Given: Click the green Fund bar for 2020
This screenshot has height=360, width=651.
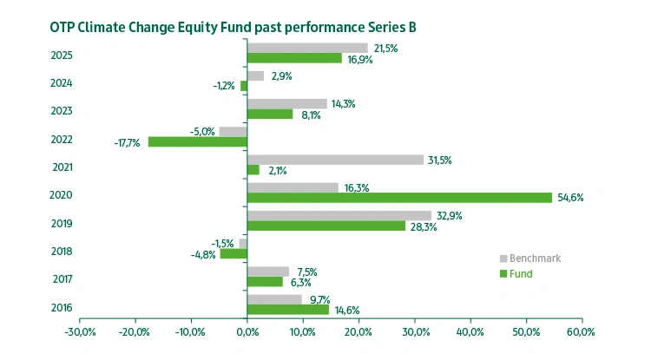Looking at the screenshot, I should click(399, 198).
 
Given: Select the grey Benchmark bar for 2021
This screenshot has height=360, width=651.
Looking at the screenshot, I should click(335, 160).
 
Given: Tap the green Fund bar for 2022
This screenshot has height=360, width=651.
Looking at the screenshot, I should click(198, 141).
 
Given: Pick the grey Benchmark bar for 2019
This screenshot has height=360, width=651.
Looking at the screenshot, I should click(339, 215).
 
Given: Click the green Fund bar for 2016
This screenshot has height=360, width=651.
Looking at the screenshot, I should click(288, 310).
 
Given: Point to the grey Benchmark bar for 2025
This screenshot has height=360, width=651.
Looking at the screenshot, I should click(307, 48).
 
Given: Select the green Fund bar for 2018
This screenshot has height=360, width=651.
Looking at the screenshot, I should click(233, 254).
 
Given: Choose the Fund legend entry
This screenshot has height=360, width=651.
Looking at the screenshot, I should click(521, 273).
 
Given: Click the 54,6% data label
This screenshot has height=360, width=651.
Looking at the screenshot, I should click(570, 198).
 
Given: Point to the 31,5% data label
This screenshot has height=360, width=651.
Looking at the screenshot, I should click(441, 160).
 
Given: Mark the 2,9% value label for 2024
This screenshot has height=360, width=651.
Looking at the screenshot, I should click(281, 76).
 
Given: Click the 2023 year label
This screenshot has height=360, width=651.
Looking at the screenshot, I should click(62, 111).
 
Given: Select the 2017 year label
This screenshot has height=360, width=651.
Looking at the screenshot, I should click(62, 278).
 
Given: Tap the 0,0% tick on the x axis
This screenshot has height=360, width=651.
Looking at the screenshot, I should click(247, 332).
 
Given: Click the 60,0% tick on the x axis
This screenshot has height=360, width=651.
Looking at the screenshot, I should click(581, 332).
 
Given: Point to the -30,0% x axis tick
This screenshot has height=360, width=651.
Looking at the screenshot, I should click(79, 332).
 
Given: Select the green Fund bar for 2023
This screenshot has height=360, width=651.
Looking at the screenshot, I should click(270, 114).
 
